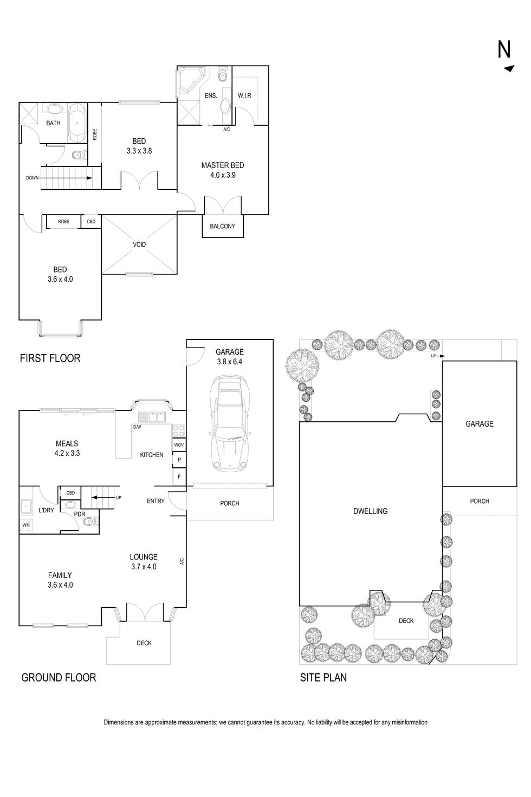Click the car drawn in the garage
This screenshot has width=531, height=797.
coord(230,423)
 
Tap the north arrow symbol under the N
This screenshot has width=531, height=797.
coord(509,68)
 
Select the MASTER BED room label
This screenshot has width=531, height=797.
coord(223,165)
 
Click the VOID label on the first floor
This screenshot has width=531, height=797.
coord(139,245)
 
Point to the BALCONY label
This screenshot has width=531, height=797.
coord(223,226)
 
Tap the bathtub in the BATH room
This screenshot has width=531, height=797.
coord(77,123)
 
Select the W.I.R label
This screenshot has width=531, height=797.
coord(245,96)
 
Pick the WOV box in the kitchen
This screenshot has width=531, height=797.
coord(179,445)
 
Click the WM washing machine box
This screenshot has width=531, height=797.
coord(26,525)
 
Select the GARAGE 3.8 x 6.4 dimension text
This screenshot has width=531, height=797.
coord(230,362)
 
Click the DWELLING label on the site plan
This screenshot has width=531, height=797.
coord(370,511)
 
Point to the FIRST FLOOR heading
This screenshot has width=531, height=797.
coord(50,358)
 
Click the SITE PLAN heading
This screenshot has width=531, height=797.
coord(323,678)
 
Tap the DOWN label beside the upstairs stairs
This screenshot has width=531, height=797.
coord(32,178)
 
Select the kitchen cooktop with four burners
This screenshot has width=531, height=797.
coord(179,431)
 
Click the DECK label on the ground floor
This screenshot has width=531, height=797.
coord(144,643)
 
